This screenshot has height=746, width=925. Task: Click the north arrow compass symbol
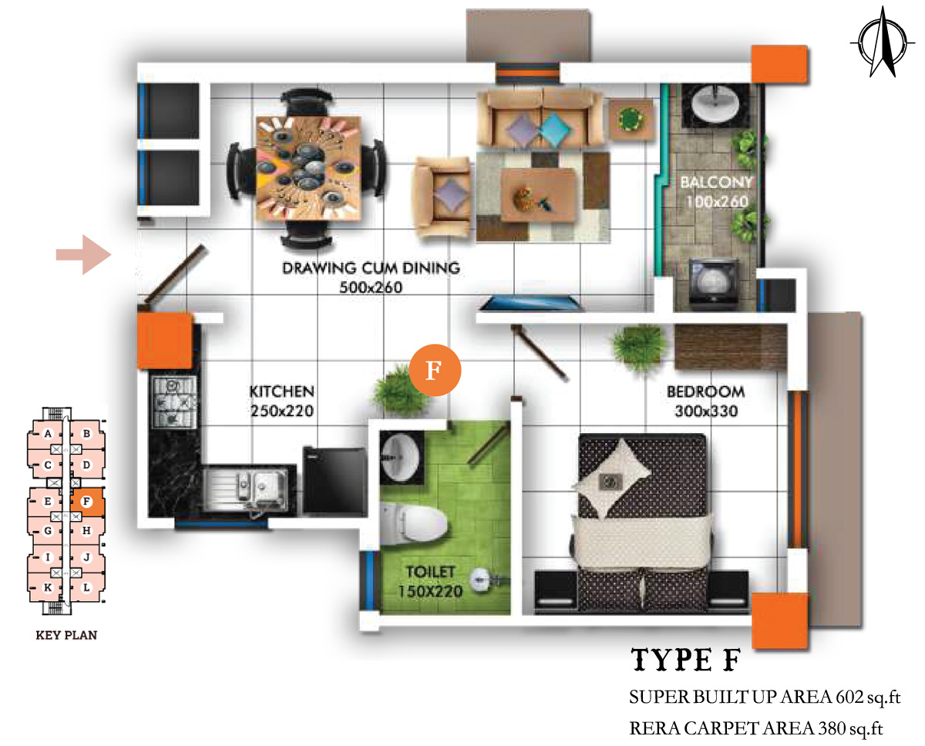(x=883, y=42)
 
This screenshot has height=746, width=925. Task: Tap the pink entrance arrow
(x=84, y=254)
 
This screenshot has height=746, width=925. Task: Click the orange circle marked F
(x=435, y=370)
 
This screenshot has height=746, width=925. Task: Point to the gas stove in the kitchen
(x=174, y=402)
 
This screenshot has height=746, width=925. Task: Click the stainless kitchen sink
(x=245, y=489)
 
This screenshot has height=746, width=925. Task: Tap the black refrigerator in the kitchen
(x=335, y=480)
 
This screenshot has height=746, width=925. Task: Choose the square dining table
(x=308, y=168)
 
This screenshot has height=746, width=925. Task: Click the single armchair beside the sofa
(x=442, y=197)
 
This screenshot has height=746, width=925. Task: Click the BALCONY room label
(x=717, y=182)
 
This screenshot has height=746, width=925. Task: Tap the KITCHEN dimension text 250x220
(x=282, y=412)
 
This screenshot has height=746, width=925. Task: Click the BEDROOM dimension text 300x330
(x=706, y=412)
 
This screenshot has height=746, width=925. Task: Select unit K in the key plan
(x=48, y=587)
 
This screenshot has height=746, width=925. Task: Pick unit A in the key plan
(x=48, y=434)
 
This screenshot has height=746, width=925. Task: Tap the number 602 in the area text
(x=848, y=697)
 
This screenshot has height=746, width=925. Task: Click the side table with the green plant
(x=631, y=119)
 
